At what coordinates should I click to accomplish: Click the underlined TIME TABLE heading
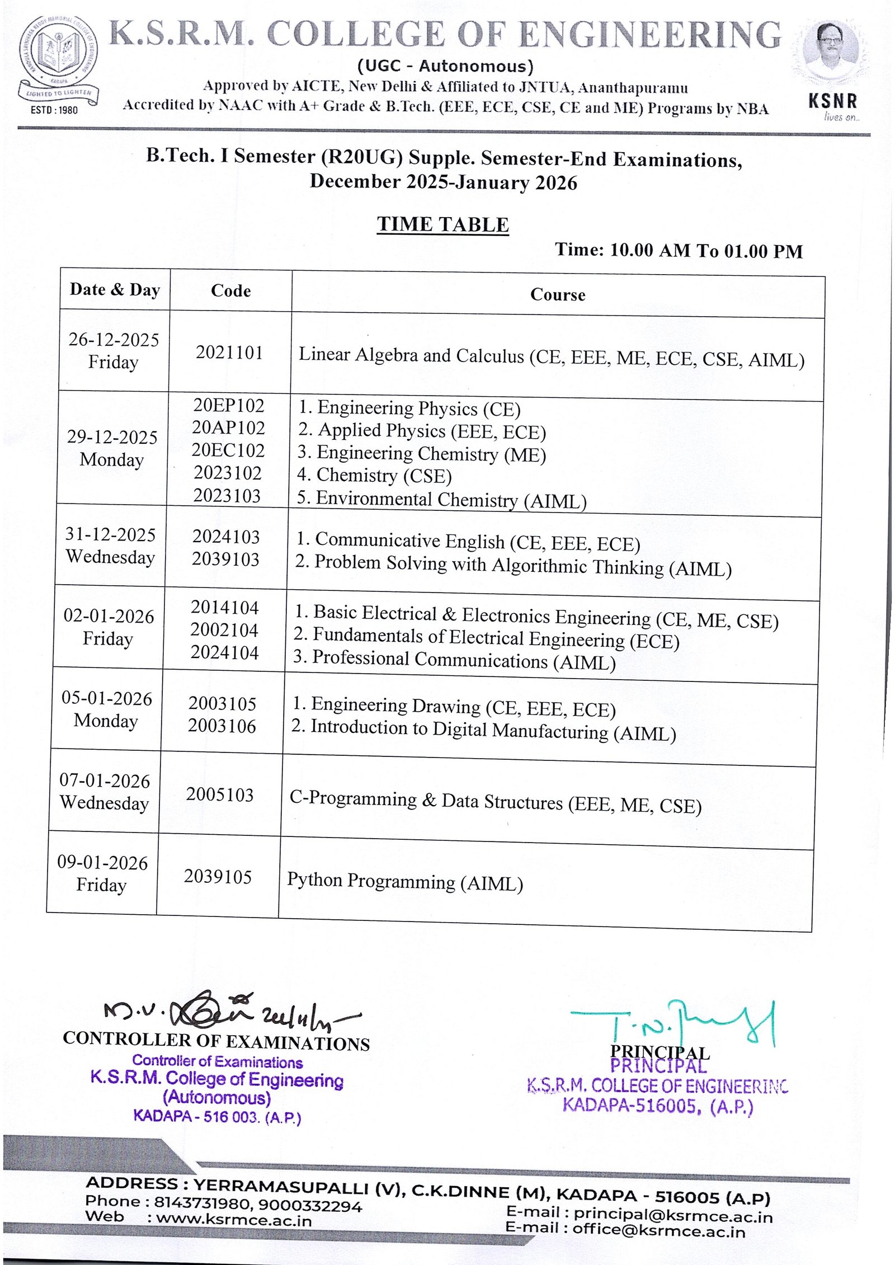click(x=442, y=224)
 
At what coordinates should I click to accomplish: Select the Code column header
click(x=230, y=291)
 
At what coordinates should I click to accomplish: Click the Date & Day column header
click(x=115, y=289)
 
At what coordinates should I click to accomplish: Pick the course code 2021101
click(x=229, y=352)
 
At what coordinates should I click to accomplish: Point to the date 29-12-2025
click(x=112, y=437)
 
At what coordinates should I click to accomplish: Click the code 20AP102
click(x=228, y=428)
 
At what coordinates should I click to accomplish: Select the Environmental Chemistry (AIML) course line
click(x=442, y=499)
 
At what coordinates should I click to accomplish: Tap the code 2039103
click(x=225, y=559)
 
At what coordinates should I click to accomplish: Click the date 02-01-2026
click(x=109, y=616)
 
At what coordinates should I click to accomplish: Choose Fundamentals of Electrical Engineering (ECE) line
click(x=486, y=638)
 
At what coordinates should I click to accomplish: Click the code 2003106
click(x=222, y=726)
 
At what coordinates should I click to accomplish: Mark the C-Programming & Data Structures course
click(x=495, y=802)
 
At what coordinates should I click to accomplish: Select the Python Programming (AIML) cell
click(x=405, y=882)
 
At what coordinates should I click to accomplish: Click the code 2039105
click(x=218, y=877)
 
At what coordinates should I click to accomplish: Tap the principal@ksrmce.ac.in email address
click(x=673, y=1216)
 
